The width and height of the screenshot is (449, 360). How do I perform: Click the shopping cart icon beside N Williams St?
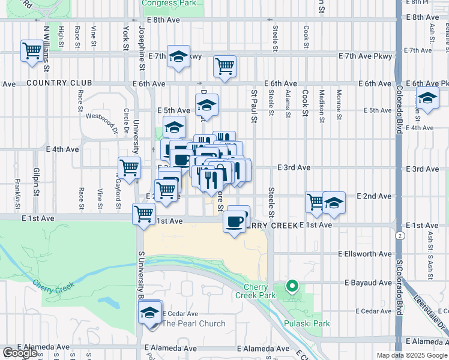(x=31, y=50)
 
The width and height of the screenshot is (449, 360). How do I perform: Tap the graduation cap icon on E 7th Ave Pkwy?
(x=178, y=56)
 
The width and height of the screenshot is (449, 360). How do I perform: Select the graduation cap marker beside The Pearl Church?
(x=150, y=312)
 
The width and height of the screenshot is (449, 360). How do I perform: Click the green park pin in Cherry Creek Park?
(x=292, y=286)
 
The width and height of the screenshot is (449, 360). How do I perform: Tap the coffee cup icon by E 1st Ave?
(x=235, y=221)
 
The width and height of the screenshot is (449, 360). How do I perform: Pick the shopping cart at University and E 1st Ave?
(x=143, y=213)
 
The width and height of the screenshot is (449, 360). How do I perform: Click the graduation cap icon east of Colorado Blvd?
(x=427, y=99)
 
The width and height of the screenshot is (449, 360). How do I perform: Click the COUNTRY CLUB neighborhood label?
(x=59, y=83)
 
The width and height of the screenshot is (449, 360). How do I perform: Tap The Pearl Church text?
(x=194, y=323)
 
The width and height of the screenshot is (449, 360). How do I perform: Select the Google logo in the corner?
(x=20, y=353)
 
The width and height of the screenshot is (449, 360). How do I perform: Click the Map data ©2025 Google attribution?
(x=411, y=355)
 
